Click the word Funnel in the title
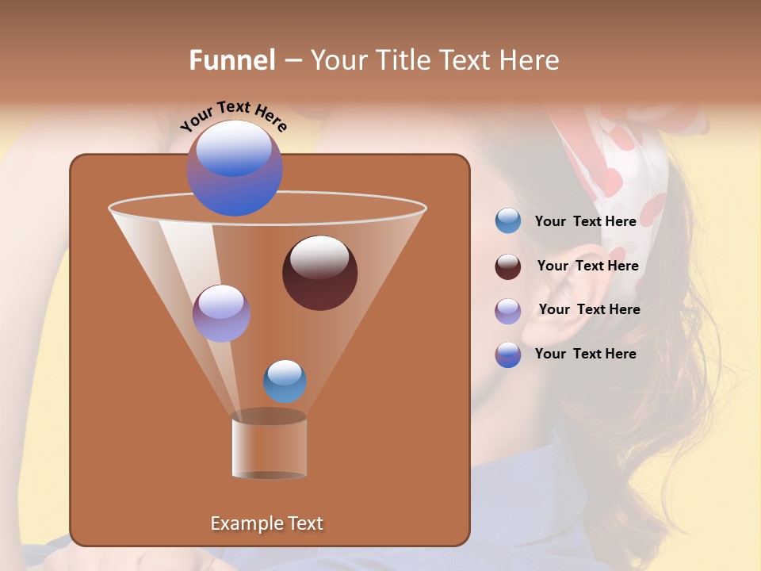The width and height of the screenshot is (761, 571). [231, 60]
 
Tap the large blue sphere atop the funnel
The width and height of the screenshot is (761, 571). [235, 168]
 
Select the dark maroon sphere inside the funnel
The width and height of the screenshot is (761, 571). [319, 273]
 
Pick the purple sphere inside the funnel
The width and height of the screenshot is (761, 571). [221, 313]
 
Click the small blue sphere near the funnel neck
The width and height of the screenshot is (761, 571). [285, 381]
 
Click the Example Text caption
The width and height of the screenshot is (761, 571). [266, 523]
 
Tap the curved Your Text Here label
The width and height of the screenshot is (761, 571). [234, 116]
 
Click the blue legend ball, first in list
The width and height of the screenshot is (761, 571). [508, 221]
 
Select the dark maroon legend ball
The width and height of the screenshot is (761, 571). [508, 266]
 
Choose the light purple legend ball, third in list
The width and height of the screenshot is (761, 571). [508, 311]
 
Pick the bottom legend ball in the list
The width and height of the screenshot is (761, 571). [508, 354]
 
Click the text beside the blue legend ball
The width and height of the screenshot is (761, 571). [585, 221]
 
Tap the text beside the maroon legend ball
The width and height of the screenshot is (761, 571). [587, 266]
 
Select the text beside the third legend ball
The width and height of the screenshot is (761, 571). [589, 309]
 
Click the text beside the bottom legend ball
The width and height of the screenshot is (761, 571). [585, 354]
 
